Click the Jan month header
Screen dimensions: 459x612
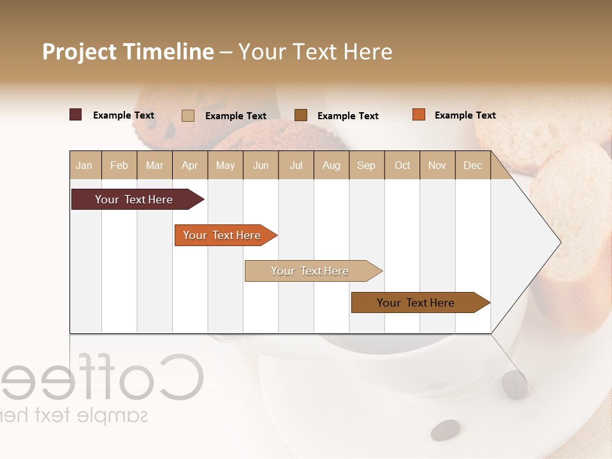(x=85, y=165)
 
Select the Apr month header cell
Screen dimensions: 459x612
(x=190, y=165)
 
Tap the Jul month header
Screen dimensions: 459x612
(x=296, y=165)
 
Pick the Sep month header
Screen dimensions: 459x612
(x=366, y=165)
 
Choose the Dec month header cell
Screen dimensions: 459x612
(x=472, y=165)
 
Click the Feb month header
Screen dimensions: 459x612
(x=119, y=165)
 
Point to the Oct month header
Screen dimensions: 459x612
(x=402, y=165)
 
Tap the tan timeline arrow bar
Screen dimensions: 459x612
(x=310, y=271)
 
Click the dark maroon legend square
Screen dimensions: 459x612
(x=75, y=115)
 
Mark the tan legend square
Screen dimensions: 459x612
(x=187, y=115)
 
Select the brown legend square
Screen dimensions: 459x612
(x=301, y=115)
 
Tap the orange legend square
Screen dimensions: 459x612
(x=418, y=115)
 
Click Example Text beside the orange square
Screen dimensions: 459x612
(x=465, y=115)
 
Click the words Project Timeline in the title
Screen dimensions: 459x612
(x=128, y=52)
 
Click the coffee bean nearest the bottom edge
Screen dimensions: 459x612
(x=445, y=430)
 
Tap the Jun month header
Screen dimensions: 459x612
(x=261, y=165)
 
